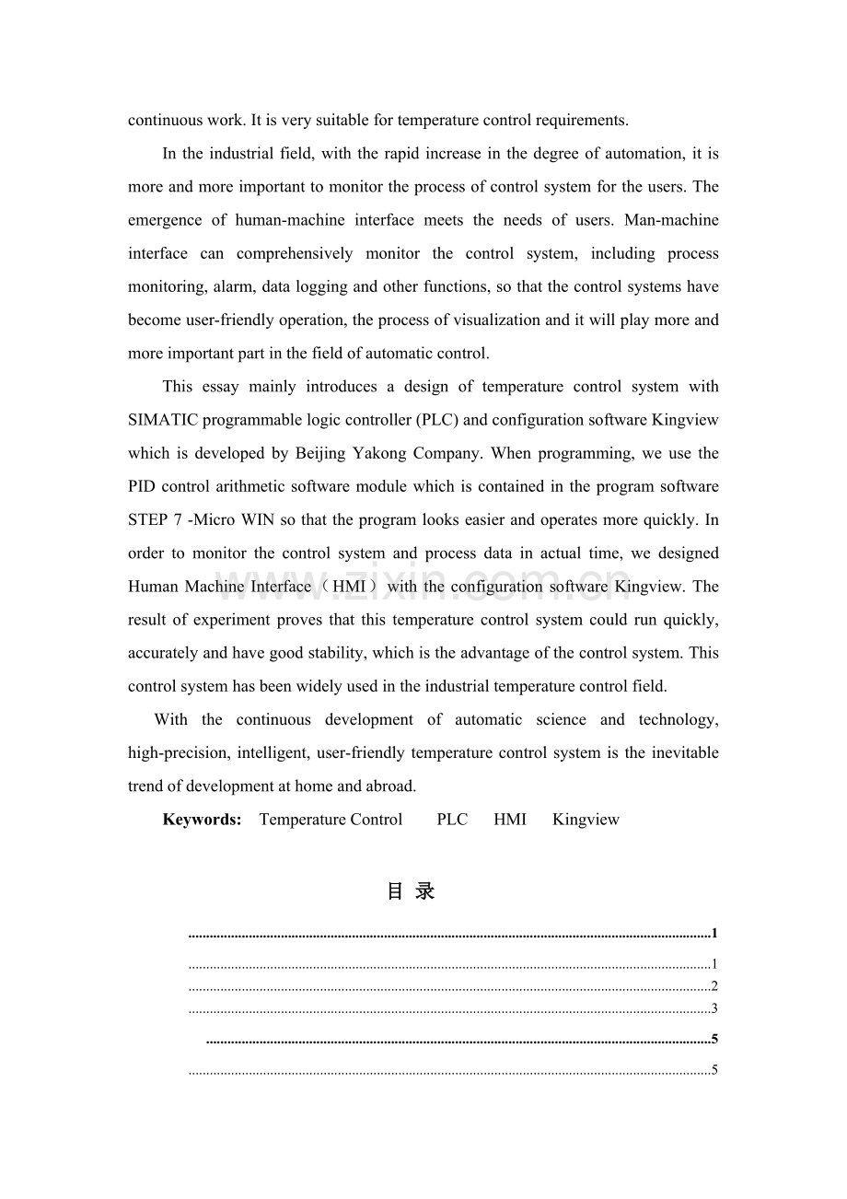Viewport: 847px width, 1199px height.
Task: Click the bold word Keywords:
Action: click(202, 820)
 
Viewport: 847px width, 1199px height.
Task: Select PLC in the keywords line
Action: click(452, 820)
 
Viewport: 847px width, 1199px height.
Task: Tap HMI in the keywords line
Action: click(510, 820)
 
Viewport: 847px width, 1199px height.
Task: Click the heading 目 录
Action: click(411, 891)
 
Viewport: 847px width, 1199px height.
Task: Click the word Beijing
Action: click(321, 453)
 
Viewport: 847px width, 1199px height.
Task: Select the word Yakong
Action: click(379, 453)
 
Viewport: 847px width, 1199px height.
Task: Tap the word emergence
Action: click(164, 220)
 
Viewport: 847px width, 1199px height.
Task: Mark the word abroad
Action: click(391, 786)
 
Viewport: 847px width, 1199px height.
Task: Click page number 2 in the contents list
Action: click(714, 986)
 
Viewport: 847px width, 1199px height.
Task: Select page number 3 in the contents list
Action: click(714, 1008)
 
